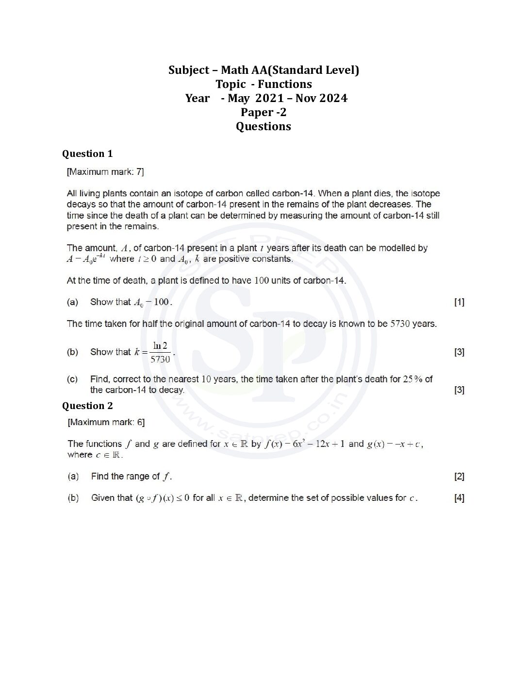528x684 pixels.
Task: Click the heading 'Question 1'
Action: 87,154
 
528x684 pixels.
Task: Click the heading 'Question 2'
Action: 87,406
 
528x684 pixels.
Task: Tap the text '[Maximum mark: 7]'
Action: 105,172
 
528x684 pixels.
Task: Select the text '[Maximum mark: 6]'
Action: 106,423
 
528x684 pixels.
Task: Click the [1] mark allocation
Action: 459,302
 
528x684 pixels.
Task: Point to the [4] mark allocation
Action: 459,498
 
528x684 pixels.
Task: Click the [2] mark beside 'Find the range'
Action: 459,477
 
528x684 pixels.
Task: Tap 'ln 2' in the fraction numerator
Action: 160,346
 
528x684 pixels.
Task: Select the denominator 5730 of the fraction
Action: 160,359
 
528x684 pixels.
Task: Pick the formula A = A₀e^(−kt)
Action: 86,259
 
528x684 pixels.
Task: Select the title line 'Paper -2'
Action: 264,113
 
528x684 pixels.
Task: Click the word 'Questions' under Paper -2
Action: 264,127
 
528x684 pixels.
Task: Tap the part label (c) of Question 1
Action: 72,379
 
